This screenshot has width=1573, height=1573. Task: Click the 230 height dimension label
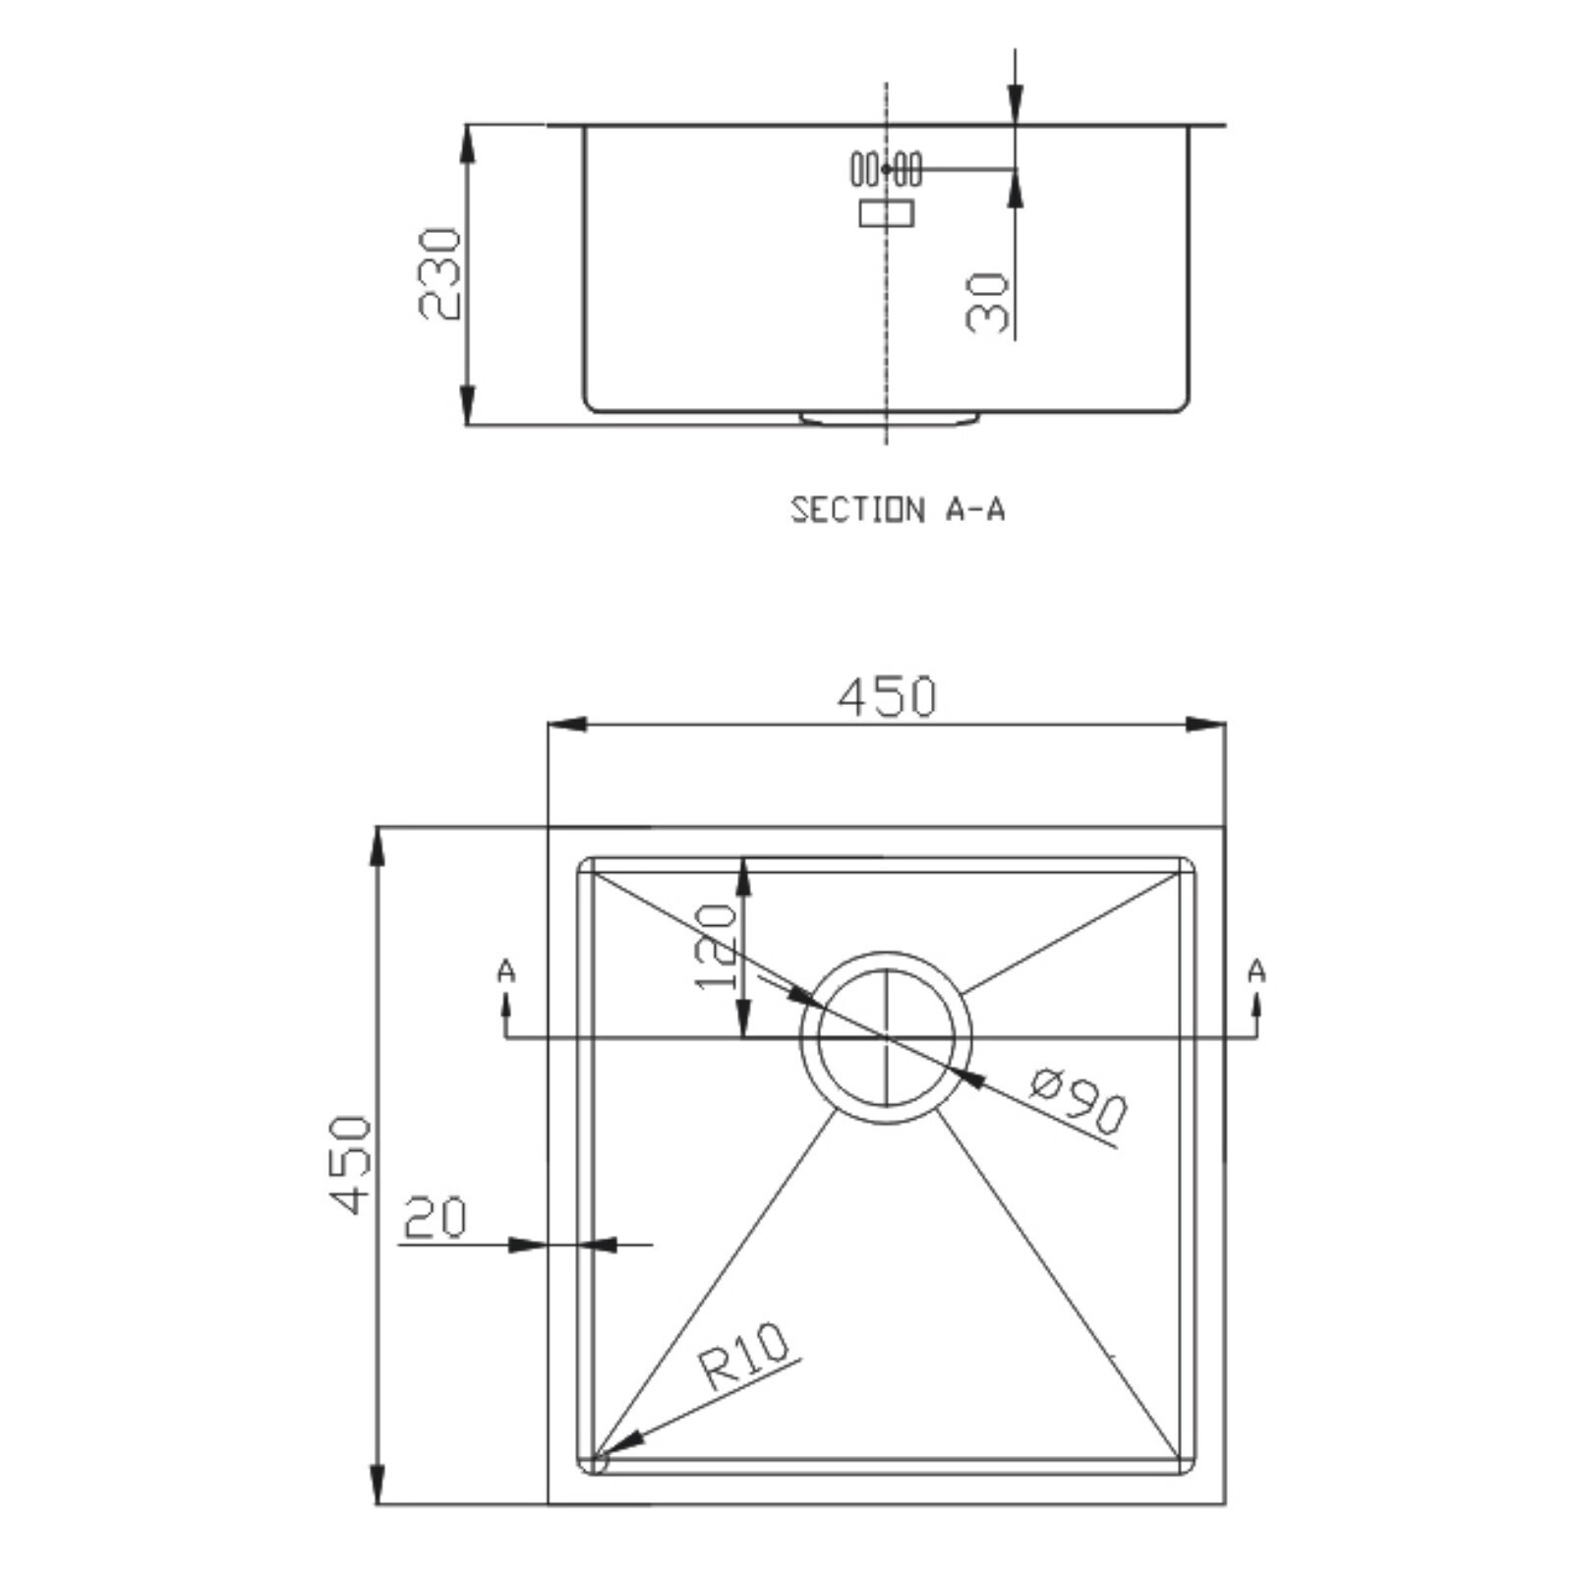(x=438, y=274)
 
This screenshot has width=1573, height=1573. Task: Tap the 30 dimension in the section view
(x=988, y=303)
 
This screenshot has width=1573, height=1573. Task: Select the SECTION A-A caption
(x=898, y=509)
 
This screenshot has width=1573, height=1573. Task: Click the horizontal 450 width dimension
(x=887, y=696)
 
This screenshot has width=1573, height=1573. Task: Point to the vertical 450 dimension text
(x=351, y=1164)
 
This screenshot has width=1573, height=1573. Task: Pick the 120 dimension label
(x=715, y=947)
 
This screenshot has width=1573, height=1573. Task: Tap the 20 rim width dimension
(x=435, y=1217)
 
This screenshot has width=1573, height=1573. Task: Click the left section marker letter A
(x=506, y=971)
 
